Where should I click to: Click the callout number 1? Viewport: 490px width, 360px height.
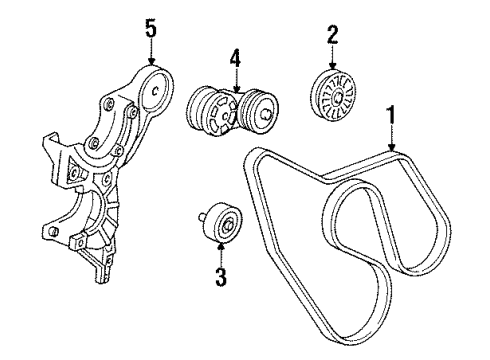click(391, 119)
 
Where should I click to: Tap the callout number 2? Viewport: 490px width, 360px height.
click(332, 35)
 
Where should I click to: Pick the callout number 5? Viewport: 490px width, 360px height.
click(151, 29)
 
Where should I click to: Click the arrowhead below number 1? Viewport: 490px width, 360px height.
click(391, 147)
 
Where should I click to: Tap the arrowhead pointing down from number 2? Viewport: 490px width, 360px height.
click(332, 66)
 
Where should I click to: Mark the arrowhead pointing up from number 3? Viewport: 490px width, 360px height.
click(221, 247)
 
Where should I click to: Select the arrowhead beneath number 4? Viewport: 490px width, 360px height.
click(236, 88)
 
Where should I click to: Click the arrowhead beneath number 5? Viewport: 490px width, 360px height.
click(151, 60)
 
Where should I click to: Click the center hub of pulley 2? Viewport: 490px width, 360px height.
click(337, 97)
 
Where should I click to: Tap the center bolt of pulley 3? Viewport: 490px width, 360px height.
click(228, 225)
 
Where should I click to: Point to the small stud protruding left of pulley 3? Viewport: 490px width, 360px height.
click(202, 217)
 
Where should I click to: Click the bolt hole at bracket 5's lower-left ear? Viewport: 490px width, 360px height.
click(55, 231)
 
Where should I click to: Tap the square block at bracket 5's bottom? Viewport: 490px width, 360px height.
click(78, 242)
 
